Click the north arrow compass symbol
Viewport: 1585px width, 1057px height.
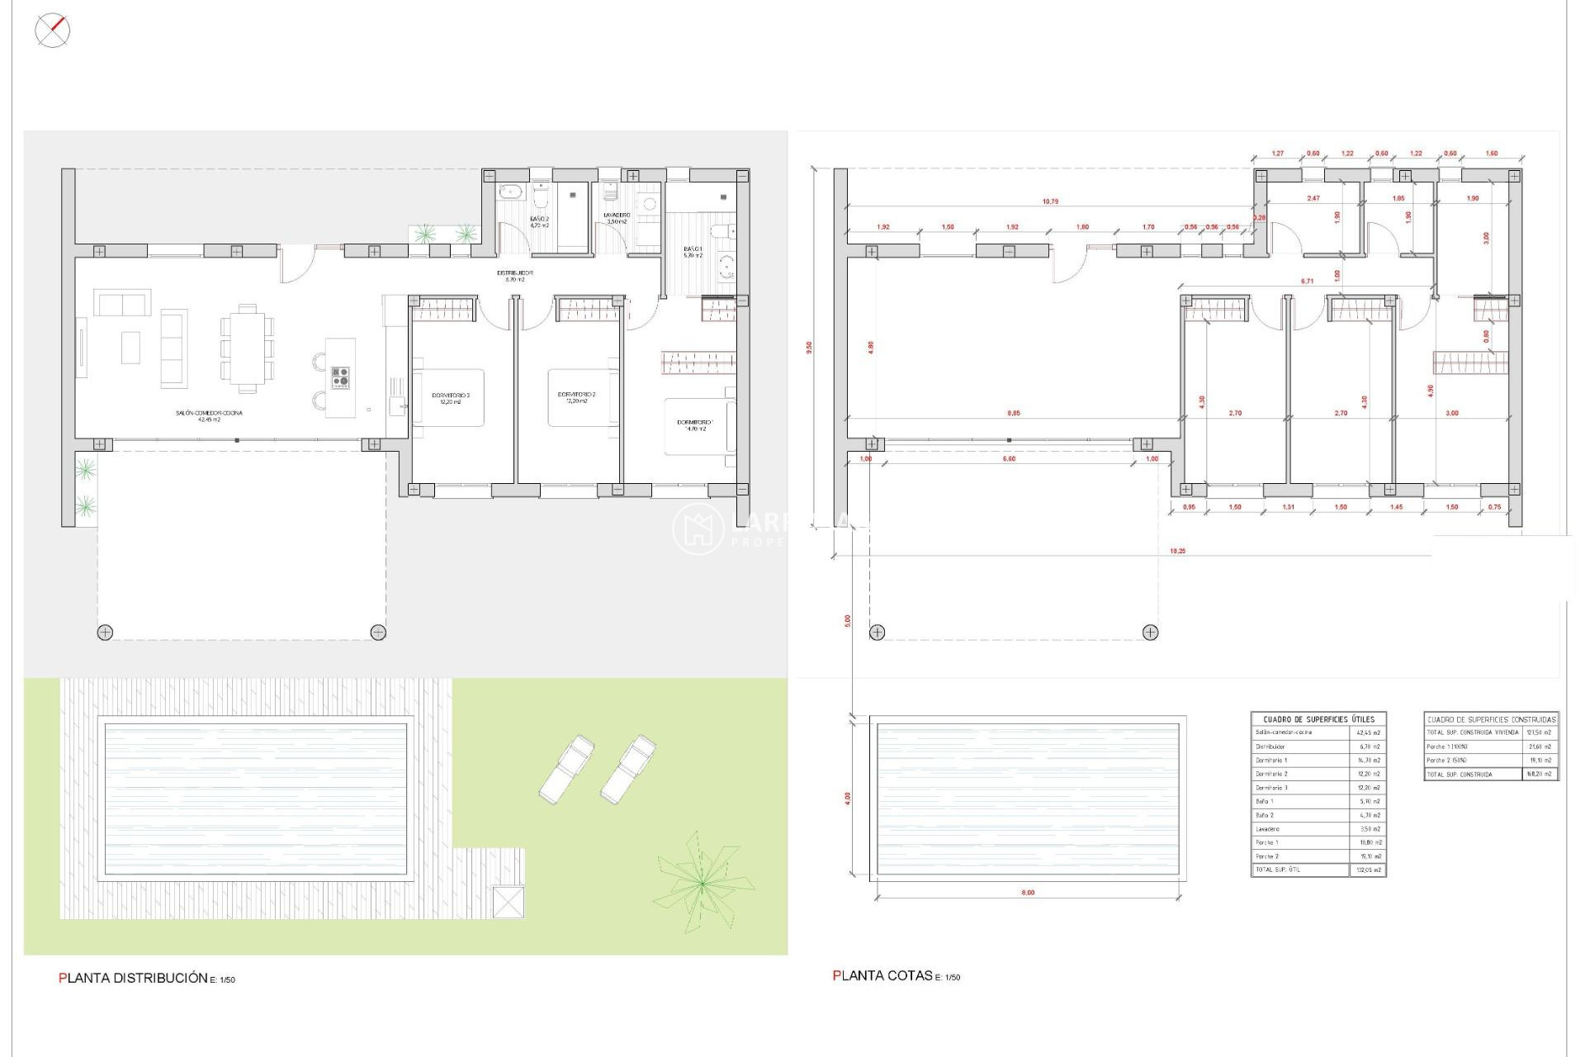[53, 31]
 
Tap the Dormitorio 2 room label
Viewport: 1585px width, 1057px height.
[576, 397]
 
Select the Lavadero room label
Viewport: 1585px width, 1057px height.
[617, 218]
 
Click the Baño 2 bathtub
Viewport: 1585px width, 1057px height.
[510, 192]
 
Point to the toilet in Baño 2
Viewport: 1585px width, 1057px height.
[542, 199]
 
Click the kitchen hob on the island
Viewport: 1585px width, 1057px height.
[340, 378]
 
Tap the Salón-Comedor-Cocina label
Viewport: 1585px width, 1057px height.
[209, 415]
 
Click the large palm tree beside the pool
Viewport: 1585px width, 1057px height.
[703, 883]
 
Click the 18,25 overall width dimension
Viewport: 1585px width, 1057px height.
[1177, 551]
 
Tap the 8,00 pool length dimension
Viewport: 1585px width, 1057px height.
[1028, 893]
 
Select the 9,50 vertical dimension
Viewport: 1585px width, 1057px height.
[810, 348]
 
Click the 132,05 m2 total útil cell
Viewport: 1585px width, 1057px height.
[1368, 870]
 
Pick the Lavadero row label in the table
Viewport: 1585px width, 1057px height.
[1268, 829]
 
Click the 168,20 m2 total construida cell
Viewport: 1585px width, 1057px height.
[1540, 775]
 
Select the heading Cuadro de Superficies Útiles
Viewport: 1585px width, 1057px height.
[1318, 719]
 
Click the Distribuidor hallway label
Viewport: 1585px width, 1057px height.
[514, 276]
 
